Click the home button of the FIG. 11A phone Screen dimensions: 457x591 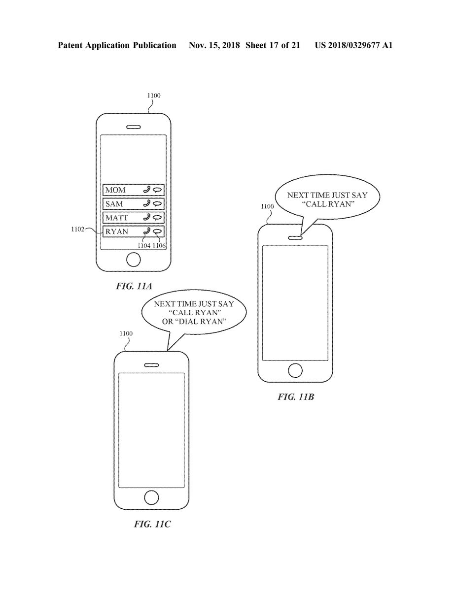[133, 259]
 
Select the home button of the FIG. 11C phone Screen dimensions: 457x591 [151, 496]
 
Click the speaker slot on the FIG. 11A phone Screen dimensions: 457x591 [133, 127]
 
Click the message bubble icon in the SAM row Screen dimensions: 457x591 [157, 203]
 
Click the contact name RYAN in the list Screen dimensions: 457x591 [116, 231]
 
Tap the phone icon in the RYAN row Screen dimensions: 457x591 [146, 231]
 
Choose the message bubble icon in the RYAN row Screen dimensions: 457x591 [157, 231]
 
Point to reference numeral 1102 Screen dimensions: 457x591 [78, 229]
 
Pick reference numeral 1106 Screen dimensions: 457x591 [160, 245]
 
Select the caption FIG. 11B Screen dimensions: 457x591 [295, 397]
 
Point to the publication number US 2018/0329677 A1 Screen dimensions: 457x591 [353, 45]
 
